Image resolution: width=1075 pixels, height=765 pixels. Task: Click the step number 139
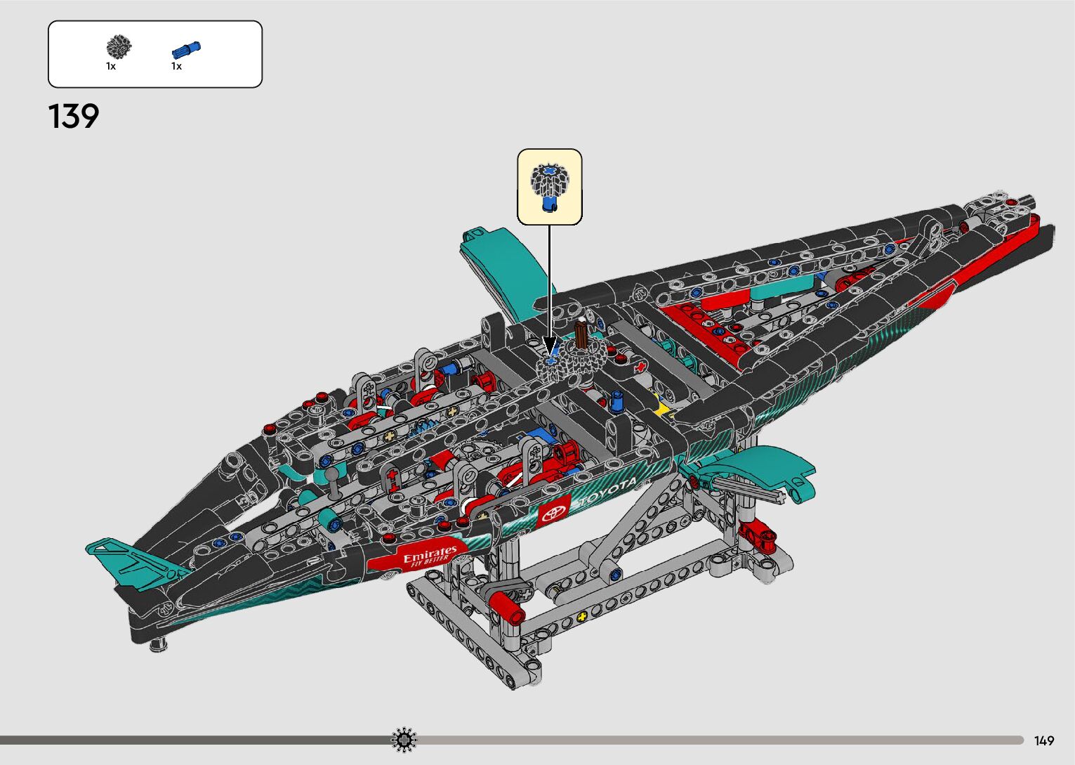(74, 117)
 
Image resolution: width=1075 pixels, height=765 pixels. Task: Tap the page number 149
(1044, 740)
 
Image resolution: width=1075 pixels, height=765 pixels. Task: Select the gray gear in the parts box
(119, 47)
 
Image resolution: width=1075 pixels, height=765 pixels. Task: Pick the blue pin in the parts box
(186, 50)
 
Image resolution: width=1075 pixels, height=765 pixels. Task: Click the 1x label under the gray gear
(111, 66)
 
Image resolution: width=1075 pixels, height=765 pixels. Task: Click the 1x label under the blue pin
(176, 66)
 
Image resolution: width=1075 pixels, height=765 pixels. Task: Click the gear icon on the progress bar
(404, 740)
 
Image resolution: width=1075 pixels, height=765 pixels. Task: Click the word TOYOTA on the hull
(607, 492)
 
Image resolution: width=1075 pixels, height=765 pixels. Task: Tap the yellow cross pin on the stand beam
(581, 617)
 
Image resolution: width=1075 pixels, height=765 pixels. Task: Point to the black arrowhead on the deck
(550, 344)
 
